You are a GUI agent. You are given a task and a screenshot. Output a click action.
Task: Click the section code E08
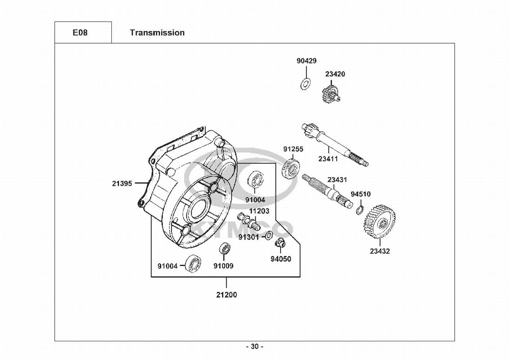tap(80, 33)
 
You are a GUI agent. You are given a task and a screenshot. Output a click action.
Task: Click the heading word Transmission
tap(157, 33)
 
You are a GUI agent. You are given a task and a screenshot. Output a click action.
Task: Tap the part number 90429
tap(306, 61)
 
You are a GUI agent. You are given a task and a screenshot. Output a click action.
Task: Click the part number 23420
tap(335, 74)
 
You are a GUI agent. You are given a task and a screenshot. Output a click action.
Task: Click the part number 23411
tap(328, 159)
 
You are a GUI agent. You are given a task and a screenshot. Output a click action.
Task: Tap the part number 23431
tap(337, 180)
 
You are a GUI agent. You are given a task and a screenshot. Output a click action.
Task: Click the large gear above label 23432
tap(380, 222)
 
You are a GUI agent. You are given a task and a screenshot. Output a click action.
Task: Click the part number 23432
tap(380, 251)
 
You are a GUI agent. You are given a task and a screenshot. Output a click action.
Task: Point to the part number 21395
tap(122, 183)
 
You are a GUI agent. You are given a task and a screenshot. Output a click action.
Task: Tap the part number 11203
tap(259, 211)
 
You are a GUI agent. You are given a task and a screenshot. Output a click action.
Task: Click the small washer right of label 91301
tap(269, 237)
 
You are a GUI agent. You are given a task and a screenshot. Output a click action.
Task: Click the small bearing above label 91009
tap(224, 249)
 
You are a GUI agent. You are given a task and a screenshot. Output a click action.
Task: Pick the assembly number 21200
tap(227, 295)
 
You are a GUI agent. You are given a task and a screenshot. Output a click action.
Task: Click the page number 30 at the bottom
tap(255, 346)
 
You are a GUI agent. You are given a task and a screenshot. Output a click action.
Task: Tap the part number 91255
tap(293, 149)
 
